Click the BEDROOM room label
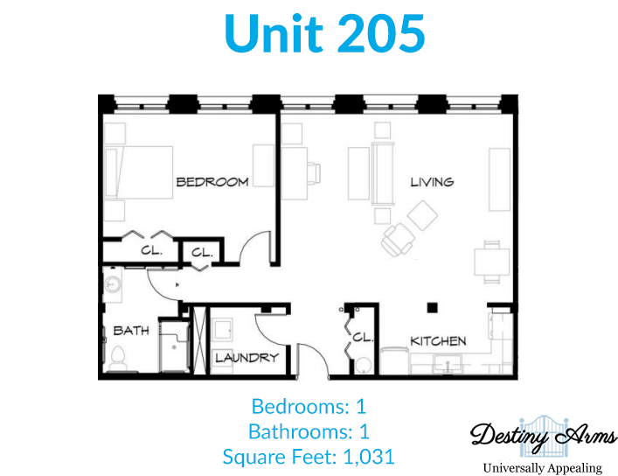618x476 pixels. click(212, 182)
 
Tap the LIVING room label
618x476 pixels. click(432, 182)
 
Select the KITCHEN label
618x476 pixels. click(438, 341)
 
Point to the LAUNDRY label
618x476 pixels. click(247, 358)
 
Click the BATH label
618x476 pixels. click(131, 331)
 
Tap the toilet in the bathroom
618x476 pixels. click(117, 359)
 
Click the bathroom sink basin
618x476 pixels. click(113, 284)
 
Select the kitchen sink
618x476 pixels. click(448, 364)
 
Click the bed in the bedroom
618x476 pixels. click(139, 172)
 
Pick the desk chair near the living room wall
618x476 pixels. click(314, 173)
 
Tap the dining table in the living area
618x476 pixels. click(492, 262)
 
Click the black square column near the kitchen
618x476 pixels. click(433, 307)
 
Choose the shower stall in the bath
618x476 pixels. click(174, 346)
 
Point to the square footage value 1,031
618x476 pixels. click(369, 457)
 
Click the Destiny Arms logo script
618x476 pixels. click(544, 436)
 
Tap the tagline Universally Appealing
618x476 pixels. click(542, 468)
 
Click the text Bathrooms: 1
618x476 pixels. click(309, 431)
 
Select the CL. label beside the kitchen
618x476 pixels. click(362, 338)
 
